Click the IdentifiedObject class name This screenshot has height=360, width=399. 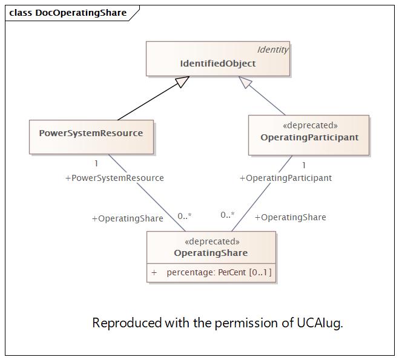(x=218, y=64)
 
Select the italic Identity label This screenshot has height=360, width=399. (x=272, y=50)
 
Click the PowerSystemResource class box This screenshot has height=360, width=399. (x=91, y=136)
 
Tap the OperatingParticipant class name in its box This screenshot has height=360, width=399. (x=309, y=137)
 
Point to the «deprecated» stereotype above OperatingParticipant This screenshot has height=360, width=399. (x=309, y=125)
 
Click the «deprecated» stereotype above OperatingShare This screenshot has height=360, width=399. (x=211, y=241)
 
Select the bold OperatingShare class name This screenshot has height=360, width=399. (x=211, y=253)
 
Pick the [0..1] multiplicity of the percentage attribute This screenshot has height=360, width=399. (x=260, y=273)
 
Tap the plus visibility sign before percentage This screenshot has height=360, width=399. (x=154, y=273)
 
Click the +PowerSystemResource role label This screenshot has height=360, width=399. (x=114, y=178)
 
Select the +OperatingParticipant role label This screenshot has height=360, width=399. (x=286, y=178)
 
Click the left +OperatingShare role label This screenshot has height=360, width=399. (x=127, y=218)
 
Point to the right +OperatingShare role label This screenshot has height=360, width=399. (x=290, y=217)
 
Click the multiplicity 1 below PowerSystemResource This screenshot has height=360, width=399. (x=96, y=163)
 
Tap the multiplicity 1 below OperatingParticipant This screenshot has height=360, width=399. (x=304, y=165)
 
